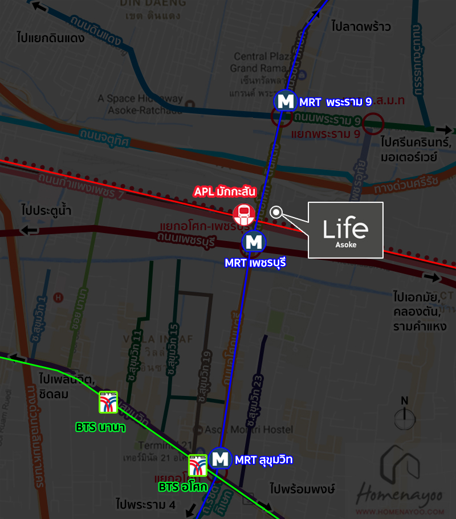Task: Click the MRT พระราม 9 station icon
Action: (x=284, y=101)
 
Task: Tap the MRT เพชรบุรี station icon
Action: (x=254, y=242)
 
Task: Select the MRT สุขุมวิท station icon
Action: (x=220, y=459)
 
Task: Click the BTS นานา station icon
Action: (x=108, y=402)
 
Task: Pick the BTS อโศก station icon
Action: (x=198, y=465)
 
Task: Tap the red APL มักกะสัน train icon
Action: (x=244, y=214)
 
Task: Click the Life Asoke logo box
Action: (x=345, y=230)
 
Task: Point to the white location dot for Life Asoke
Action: (x=276, y=212)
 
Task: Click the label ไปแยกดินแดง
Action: (x=51, y=39)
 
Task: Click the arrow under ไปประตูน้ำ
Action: (x=29, y=230)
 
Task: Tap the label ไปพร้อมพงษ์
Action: (x=302, y=489)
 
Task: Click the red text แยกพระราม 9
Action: (x=325, y=134)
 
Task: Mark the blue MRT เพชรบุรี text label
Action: (x=255, y=263)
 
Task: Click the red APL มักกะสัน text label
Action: (x=225, y=192)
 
